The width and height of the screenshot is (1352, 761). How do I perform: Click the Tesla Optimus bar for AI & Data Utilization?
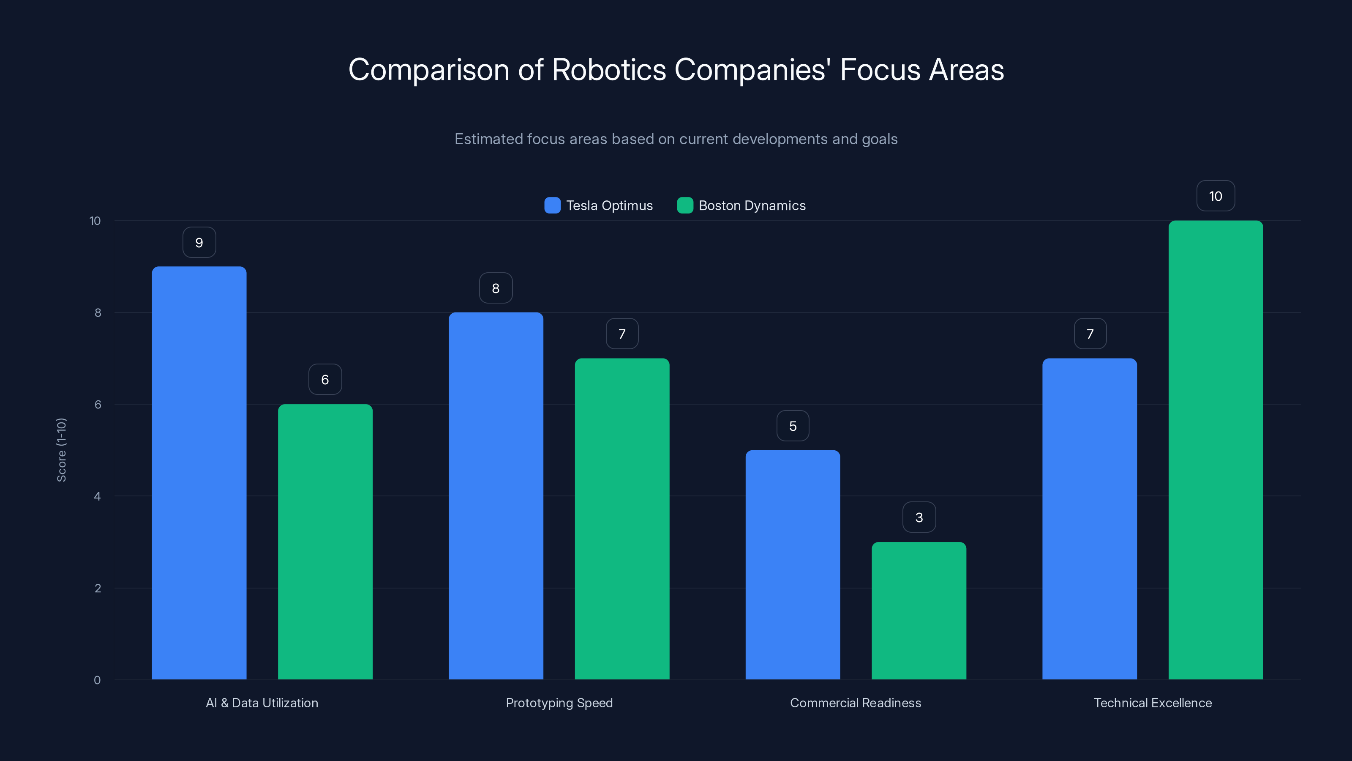(x=199, y=473)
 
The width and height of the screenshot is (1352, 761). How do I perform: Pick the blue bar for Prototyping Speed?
(x=496, y=496)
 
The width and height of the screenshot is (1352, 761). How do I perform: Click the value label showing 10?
(x=1216, y=196)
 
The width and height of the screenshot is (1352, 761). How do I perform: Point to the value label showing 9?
(x=199, y=242)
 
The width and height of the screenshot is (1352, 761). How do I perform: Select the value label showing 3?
(x=919, y=517)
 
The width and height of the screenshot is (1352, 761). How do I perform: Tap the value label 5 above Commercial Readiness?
(x=793, y=425)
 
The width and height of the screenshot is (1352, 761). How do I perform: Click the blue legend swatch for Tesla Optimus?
(x=552, y=205)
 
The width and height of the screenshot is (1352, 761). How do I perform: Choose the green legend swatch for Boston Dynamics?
(x=685, y=205)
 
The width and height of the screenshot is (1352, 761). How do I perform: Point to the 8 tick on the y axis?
(x=98, y=312)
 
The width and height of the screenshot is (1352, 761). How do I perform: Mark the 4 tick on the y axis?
(x=97, y=496)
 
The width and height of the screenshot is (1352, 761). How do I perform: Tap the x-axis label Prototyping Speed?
(x=559, y=703)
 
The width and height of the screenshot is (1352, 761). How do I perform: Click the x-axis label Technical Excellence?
(x=1153, y=703)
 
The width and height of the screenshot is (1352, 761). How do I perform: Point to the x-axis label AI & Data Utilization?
(x=262, y=703)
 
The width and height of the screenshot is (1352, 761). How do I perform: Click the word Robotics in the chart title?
(x=609, y=69)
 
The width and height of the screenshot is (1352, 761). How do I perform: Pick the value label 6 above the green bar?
(x=325, y=379)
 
